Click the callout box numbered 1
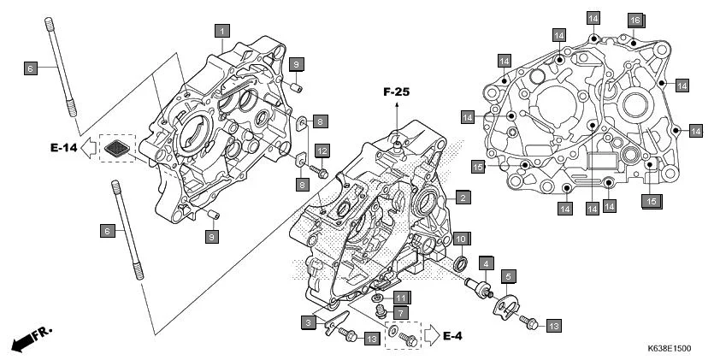221,31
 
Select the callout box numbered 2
462,198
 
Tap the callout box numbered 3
307,322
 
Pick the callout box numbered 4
485,264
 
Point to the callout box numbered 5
508,276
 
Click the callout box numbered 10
460,239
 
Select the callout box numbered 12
322,150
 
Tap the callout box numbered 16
634,20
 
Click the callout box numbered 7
399,313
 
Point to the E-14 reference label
63,148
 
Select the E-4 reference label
454,336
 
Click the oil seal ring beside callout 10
460,260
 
